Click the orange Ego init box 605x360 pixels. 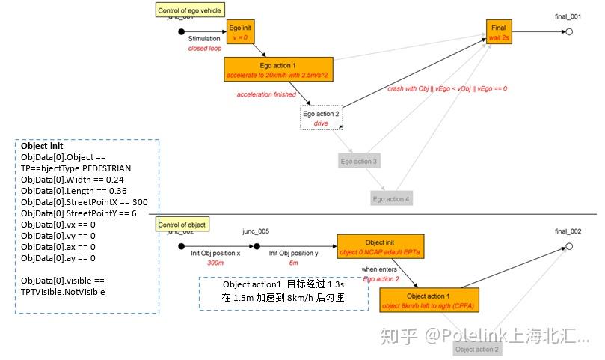click(x=241, y=32)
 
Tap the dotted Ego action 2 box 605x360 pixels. click(x=321, y=118)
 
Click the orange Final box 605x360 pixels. click(x=498, y=32)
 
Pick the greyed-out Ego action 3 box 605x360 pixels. click(x=360, y=161)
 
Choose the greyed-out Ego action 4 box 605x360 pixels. click(x=392, y=198)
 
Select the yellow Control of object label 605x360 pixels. click(x=182, y=225)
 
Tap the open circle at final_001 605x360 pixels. click(x=569, y=32)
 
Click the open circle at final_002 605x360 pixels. click(x=569, y=246)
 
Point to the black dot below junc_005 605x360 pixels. click(x=257, y=246)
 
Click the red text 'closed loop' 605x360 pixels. click(x=204, y=48)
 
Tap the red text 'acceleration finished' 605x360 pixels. click(x=265, y=95)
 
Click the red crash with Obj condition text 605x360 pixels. click(x=446, y=88)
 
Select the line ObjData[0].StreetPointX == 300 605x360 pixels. click(x=84, y=202)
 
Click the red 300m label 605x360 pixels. click(x=216, y=263)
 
